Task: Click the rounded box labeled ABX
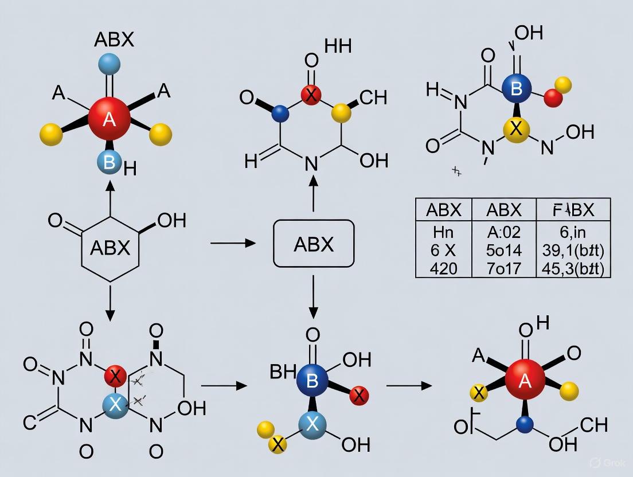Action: click(x=314, y=244)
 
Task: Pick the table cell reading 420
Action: click(x=443, y=268)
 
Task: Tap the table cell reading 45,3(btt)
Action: click(x=573, y=268)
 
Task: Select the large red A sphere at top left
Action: click(x=110, y=119)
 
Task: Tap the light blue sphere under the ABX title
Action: click(x=109, y=64)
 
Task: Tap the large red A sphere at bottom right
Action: click(x=525, y=381)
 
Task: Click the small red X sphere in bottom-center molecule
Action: click(x=359, y=395)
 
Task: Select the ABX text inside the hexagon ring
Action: click(x=110, y=248)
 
